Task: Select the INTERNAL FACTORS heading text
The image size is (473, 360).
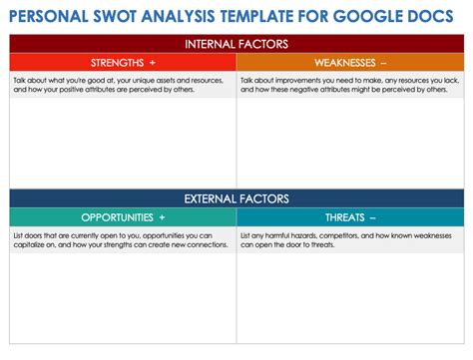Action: point(236,44)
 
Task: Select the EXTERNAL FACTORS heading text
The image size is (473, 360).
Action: point(236,198)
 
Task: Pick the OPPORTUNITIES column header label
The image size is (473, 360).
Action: point(117,216)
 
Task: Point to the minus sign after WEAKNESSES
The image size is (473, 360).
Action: point(383,62)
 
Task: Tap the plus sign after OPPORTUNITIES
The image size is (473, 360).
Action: point(162,216)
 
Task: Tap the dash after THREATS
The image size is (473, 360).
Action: point(373,216)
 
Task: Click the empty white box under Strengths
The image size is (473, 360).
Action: point(123,140)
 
